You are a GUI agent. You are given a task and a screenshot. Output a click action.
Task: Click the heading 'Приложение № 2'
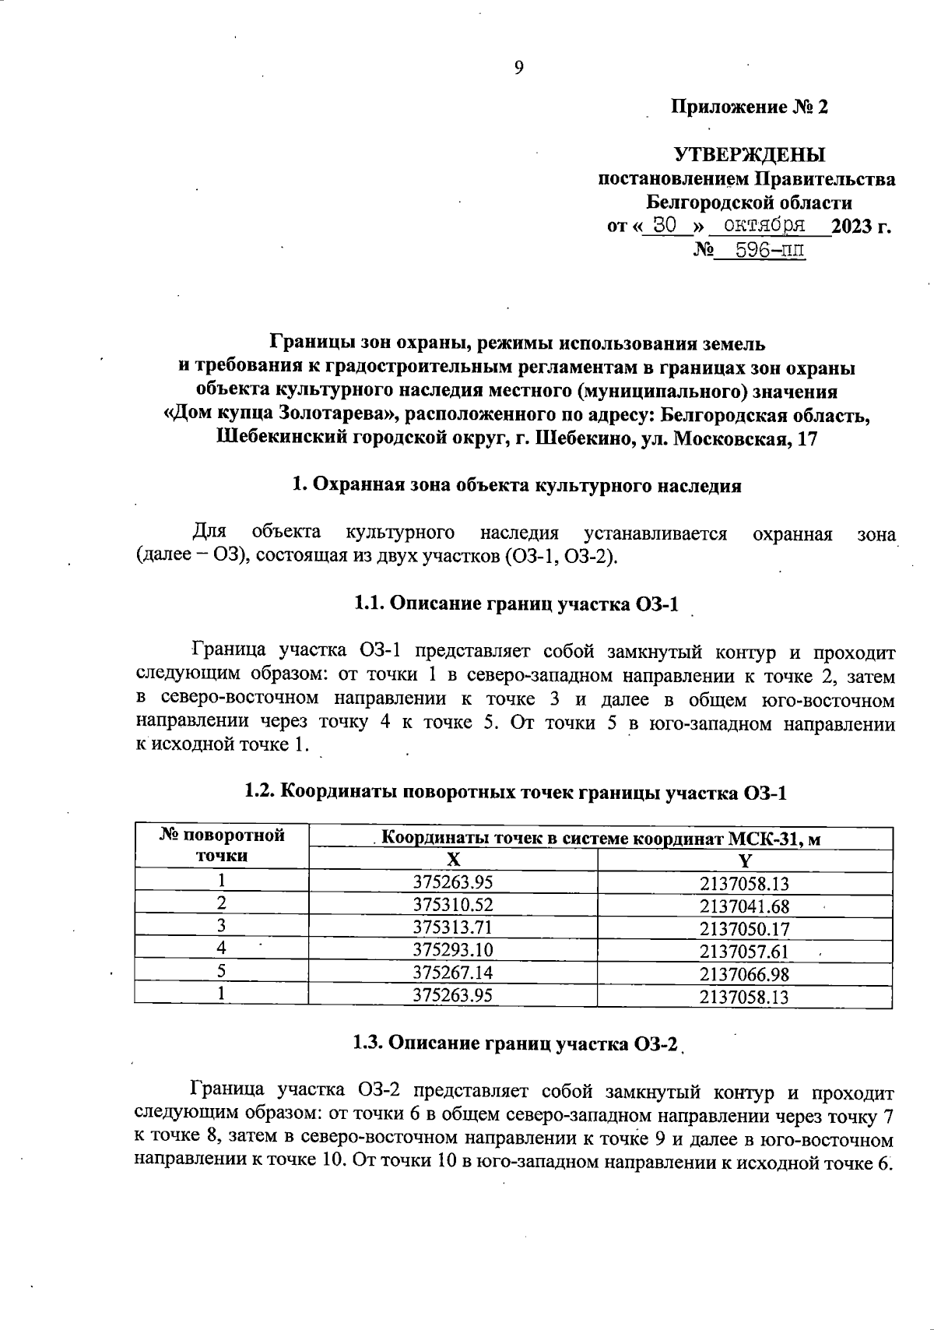(x=750, y=107)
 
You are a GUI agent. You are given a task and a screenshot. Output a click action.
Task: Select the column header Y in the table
(x=745, y=860)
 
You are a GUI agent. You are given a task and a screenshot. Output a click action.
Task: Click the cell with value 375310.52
(x=453, y=905)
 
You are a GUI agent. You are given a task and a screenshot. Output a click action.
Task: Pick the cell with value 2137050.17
(x=744, y=929)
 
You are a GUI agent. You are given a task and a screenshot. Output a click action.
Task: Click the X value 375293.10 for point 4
(x=453, y=950)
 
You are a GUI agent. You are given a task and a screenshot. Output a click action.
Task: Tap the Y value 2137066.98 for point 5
(x=744, y=974)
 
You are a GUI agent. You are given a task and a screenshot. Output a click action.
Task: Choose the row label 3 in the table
(x=222, y=927)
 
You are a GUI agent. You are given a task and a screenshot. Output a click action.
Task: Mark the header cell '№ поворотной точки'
(x=222, y=846)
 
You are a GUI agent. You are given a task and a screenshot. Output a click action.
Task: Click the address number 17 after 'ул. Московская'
(x=807, y=439)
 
